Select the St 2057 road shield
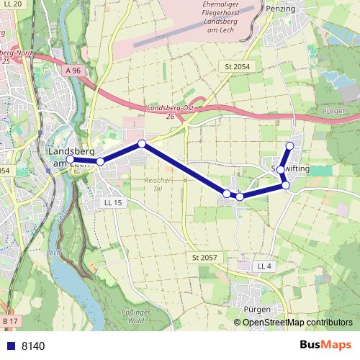pyautogui.click(x=204, y=257)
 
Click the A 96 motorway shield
pyautogui.click(x=73, y=71)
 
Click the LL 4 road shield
pyautogui.click(x=264, y=266)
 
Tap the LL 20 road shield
pyautogui.click(x=12, y=4)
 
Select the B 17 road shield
pyautogui.click(x=9, y=320)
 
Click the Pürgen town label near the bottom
pyautogui.click(x=257, y=309)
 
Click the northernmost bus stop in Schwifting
pyautogui.click(x=290, y=146)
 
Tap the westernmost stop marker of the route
pyautogui.click(x=71, y=159)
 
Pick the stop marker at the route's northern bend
pyautogui.click(x=142, y=144)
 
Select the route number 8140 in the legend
pyautogui.click(x=33, y=346)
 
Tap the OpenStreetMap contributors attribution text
pyautogui.click(x=297, y=323)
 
